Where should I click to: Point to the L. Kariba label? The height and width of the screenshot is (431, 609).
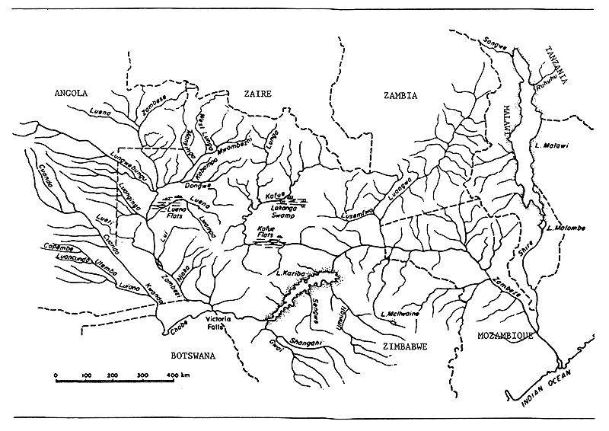coord(292,273)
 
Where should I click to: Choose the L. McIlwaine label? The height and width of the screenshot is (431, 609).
coord(400,313)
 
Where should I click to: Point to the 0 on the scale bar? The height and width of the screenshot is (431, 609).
coord(57,376)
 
